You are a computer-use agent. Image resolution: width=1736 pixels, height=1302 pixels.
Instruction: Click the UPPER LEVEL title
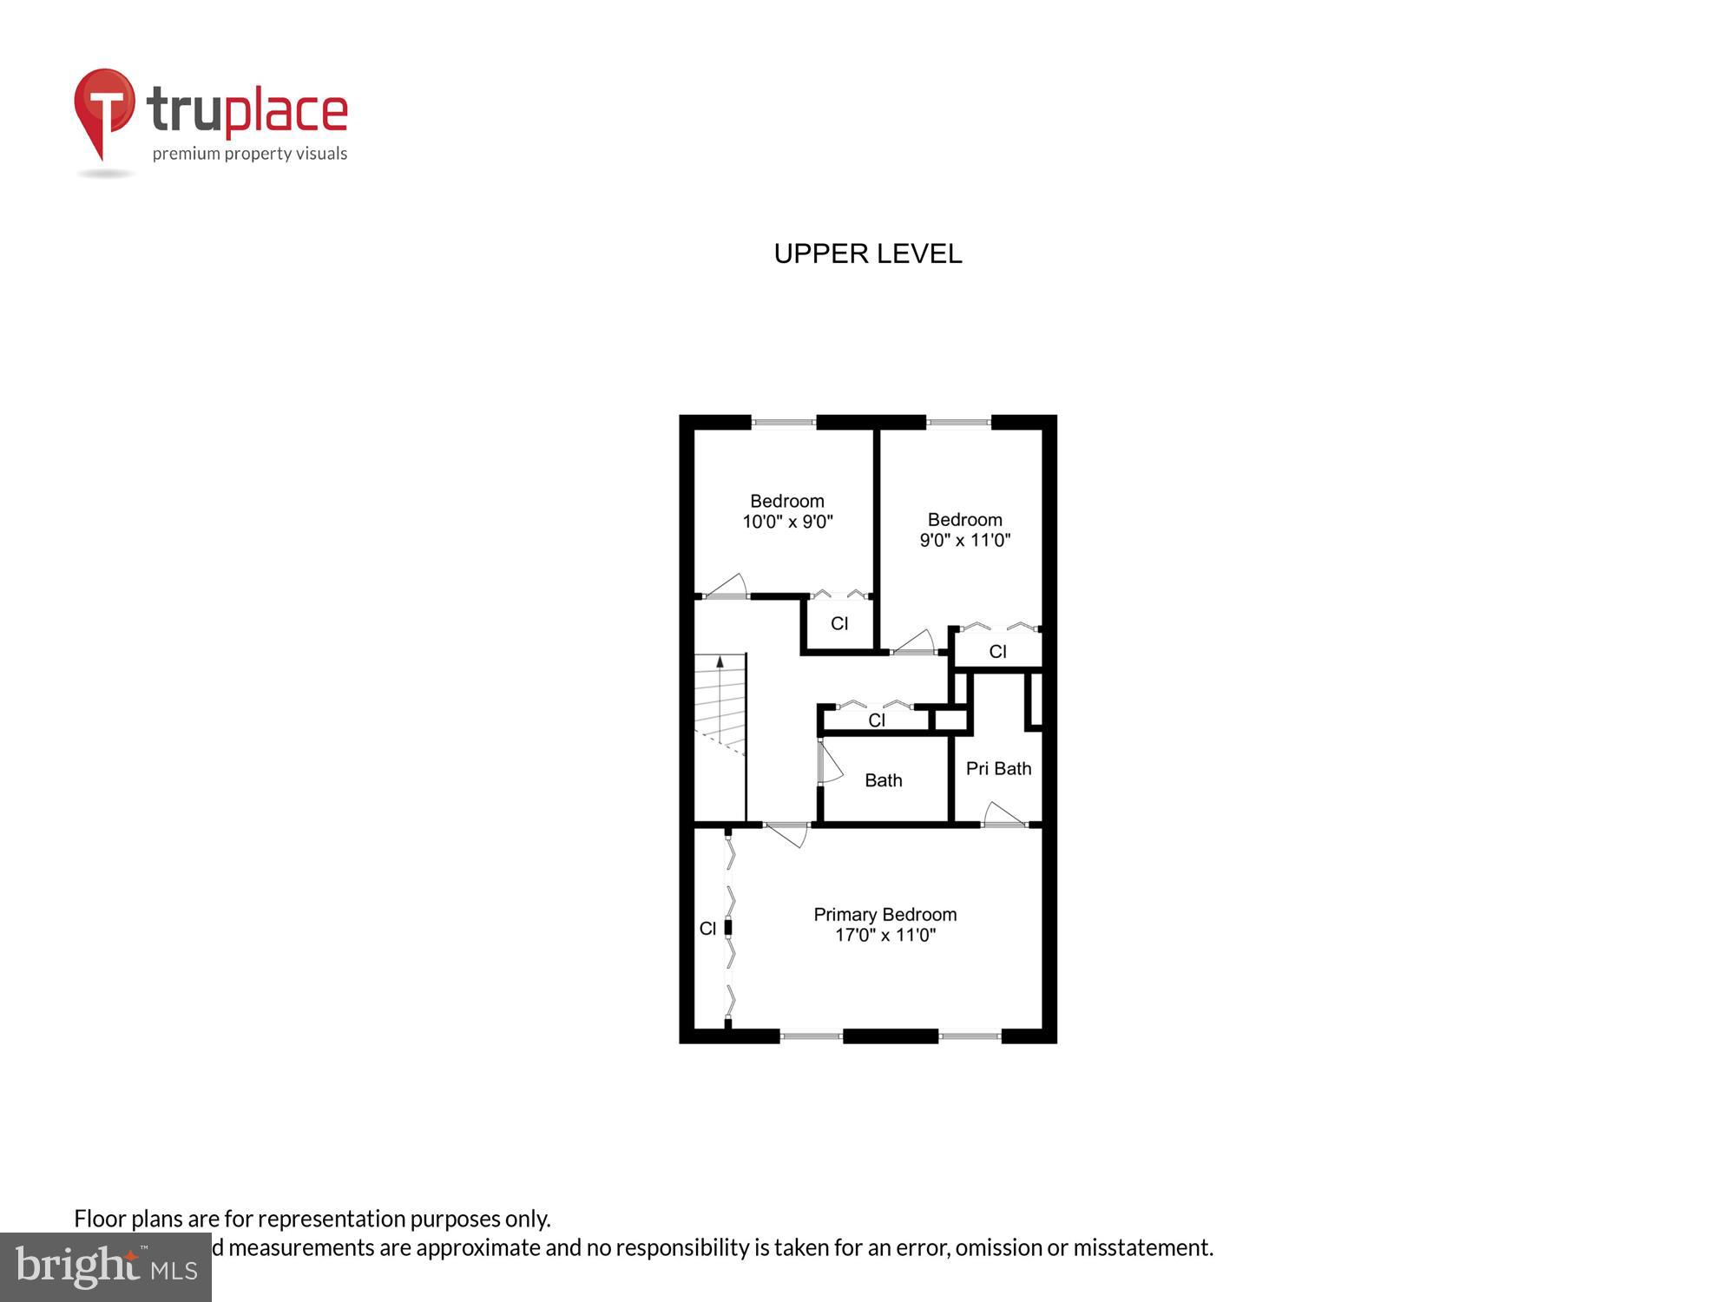tap(867, 253)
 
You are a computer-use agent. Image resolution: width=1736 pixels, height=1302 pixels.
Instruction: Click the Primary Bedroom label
tap(884, 914)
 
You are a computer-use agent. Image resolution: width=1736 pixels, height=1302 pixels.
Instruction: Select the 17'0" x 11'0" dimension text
tap(884, 935)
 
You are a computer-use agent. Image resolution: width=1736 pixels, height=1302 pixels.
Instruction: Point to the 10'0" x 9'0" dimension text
tap(787, 522)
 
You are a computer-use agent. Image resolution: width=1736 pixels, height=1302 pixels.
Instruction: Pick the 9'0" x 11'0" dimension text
tap(964, 540)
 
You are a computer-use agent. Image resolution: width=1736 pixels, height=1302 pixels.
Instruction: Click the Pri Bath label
tap(998, 768)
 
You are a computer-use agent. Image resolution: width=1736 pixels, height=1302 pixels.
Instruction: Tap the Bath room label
tap(883, 780)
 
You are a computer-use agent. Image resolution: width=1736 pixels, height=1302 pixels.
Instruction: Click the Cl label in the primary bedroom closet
tap(707, 929)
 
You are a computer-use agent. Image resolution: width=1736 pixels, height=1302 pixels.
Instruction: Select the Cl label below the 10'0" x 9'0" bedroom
tap(838, 623)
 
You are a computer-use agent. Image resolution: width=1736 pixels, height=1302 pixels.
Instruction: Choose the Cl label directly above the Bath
tap(876, 720)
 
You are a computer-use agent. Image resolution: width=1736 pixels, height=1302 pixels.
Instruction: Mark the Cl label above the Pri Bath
tap(997, 652)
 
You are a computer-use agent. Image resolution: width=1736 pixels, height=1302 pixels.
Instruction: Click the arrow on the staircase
tap(720, 662)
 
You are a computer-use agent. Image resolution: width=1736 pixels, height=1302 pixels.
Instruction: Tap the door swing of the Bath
tap(829, 764)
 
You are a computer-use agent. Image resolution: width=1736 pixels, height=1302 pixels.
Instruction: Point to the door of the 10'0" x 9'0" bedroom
tap(727, 587)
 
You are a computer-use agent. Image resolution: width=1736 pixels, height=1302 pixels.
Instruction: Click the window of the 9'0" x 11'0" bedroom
tap(958, 423)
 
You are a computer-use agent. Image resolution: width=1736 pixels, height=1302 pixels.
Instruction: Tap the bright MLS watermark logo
tap(105, 1267)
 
